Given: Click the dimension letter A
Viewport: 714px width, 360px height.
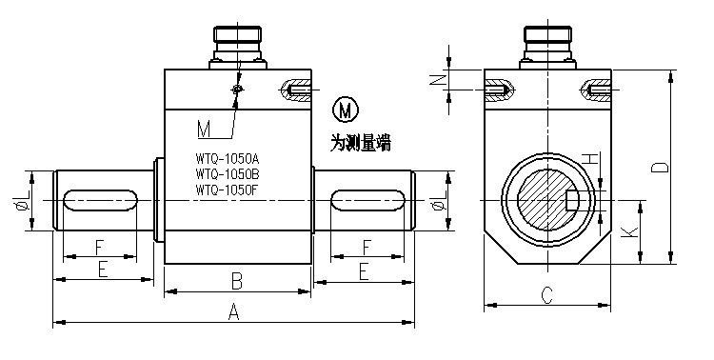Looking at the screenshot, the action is point(233,312).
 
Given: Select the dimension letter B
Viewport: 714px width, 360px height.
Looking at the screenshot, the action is point(237,281).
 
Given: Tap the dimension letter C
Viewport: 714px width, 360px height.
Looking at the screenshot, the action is point(546,295).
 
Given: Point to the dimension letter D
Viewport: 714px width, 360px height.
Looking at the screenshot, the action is point(660,168).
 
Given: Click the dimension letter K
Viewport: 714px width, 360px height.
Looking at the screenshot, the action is point(629,232).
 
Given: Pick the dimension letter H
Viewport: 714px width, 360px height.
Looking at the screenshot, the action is point(590,159).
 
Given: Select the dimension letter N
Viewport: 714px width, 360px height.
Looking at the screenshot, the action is point(438,80).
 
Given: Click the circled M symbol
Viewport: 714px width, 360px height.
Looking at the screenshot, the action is point(346,110).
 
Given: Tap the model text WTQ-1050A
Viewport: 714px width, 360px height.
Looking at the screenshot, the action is point(228,159).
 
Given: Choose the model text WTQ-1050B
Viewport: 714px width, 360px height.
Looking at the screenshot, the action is point(228,174).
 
